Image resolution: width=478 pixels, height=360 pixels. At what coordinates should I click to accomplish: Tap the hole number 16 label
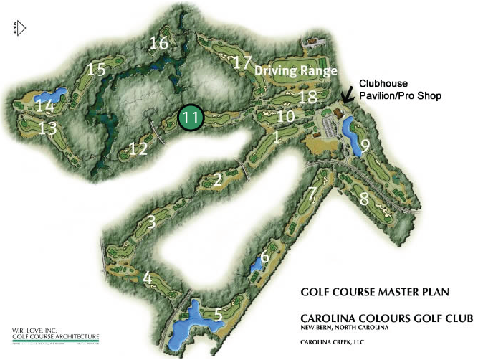pos(158,44)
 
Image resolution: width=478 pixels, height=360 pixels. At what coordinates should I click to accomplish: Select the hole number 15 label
pos(96,70)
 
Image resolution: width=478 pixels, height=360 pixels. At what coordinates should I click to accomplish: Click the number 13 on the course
pos(48,128)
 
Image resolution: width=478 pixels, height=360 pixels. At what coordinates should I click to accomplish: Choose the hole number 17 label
pos(242,62)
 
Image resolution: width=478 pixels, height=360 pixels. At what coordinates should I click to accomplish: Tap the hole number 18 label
pos(307,97)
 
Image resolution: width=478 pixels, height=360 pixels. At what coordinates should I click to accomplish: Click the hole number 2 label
pos(217,180)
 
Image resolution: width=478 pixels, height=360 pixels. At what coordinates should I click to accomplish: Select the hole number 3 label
pos(150,222)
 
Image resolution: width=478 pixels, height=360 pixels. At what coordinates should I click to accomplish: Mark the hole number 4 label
pos(147,278)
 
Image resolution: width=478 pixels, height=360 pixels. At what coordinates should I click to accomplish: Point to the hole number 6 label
pos(264,257)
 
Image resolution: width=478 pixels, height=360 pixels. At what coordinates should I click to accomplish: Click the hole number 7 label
pos(311,194)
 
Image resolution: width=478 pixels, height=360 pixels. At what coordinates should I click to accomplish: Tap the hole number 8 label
pos(364,199)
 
